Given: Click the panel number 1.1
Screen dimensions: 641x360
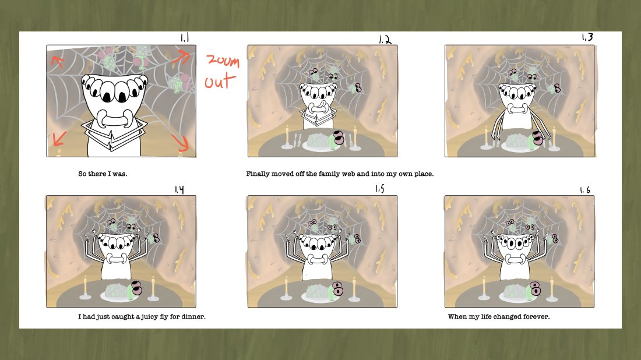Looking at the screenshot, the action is click(x=185, y=38).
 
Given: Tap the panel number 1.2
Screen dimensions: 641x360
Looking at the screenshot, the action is click(x=385, y=40).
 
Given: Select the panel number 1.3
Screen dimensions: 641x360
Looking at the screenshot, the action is click(x=587, y=37).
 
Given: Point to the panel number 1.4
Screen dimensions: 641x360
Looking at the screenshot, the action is click(x=179, y=189).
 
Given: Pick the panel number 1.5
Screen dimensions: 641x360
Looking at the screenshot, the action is click(x=380, y=188).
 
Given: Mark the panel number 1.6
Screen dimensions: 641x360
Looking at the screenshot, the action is click(x=585, y=190).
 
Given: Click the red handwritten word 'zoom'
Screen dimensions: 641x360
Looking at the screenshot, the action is click(x=223, y=61).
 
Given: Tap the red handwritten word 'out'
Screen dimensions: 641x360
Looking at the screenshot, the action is click(x=220, y=82).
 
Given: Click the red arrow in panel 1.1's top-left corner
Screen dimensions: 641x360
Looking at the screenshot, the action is click(x=58, y=62).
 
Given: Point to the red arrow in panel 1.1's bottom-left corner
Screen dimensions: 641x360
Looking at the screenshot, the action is click(x=59, y=139).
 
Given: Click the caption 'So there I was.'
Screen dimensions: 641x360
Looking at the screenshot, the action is click(x=103, y=174).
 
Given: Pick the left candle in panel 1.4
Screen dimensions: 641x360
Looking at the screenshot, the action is click(x=86, y=289).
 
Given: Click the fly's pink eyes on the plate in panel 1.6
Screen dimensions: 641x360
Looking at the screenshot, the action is click(x=535, y=288).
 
